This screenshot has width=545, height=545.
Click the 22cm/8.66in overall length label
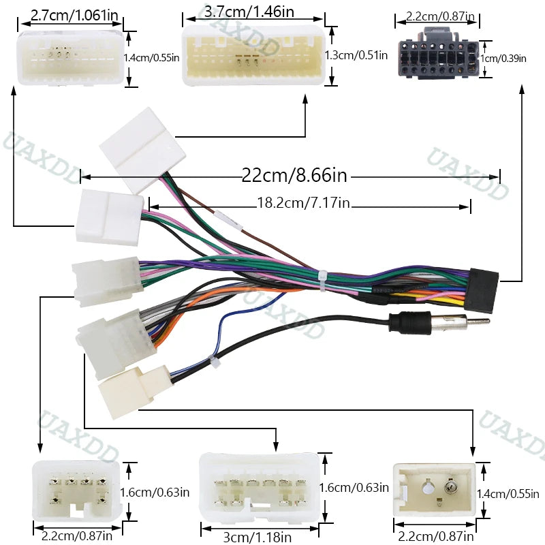pos(294,175)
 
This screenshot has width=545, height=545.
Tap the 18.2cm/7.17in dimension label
pos(303,202)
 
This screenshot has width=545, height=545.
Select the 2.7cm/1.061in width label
pos(74,15)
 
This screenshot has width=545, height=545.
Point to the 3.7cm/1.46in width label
pos(249,12)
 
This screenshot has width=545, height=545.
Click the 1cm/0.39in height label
pos(503,59)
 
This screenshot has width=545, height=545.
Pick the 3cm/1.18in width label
pos(258,537)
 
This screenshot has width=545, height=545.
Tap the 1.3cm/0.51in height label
pos(356,55)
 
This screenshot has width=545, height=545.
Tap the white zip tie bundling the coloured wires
pos(323,280)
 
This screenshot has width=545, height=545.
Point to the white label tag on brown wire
pos(228,219)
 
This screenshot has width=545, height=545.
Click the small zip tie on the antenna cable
pos(215,361)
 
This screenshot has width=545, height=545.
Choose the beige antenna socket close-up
pos(435,489)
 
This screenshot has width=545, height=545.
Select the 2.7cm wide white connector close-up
pos(71,57)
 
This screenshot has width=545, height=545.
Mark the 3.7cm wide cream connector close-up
pos(254,55)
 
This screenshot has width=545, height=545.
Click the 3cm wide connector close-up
pos(260,488)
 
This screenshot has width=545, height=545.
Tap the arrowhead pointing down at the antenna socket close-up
pos(473,452)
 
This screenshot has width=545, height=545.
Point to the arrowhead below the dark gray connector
pos(522,89)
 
